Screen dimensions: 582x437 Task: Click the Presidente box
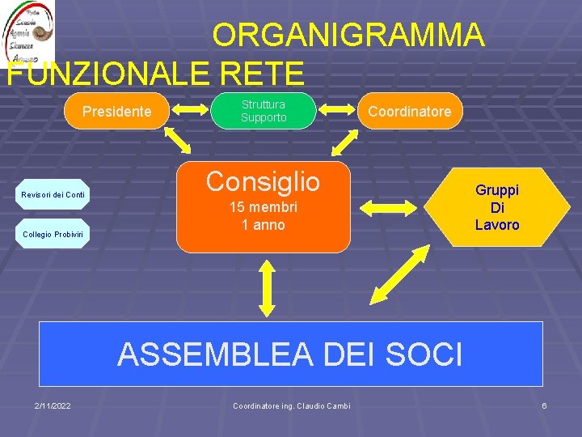[x=117, y=111]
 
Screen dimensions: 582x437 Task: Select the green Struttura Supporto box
[x=263, y=111]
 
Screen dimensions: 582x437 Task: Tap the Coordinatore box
[x=410, y=111]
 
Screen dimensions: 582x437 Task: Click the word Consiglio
[x=263, y=181]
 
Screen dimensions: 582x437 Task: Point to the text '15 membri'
[x=263, y=207]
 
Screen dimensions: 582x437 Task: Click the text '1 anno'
[x=263, y=225]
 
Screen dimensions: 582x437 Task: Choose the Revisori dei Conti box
[x=53, y=194]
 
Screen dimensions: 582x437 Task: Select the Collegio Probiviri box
[x=53, y=234]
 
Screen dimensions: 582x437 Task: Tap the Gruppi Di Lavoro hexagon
[x=496, y=207]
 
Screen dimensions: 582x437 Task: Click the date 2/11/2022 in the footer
[x=52, y=405]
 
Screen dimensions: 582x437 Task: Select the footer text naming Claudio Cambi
[x=291, y=405]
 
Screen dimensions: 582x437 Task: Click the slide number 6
[x=544, y=405]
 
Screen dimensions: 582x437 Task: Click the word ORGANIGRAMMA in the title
[x=348, y=36]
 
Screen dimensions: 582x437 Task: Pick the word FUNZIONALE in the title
[x=108, y=73]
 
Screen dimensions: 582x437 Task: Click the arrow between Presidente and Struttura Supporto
[x=189, y=111]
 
